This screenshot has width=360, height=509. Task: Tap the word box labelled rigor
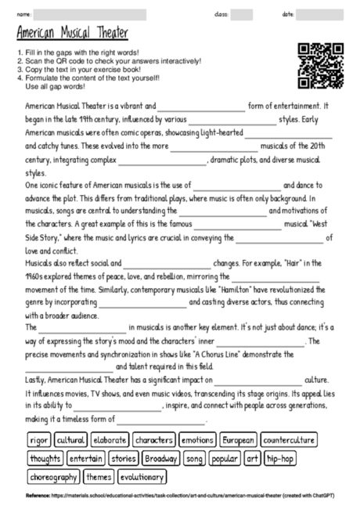[39, 440]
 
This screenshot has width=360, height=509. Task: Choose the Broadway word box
[162, 458]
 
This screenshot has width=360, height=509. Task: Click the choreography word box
[54, 476]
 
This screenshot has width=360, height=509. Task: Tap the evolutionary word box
[142, 476]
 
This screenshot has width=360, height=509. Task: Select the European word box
[238, 440]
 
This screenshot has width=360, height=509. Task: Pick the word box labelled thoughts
[45, 458]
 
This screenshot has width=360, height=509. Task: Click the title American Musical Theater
[71, 34]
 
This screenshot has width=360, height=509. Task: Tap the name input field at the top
[90, 14]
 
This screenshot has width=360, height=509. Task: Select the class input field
[241, 14]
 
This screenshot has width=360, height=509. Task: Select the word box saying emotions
[196, 440]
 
